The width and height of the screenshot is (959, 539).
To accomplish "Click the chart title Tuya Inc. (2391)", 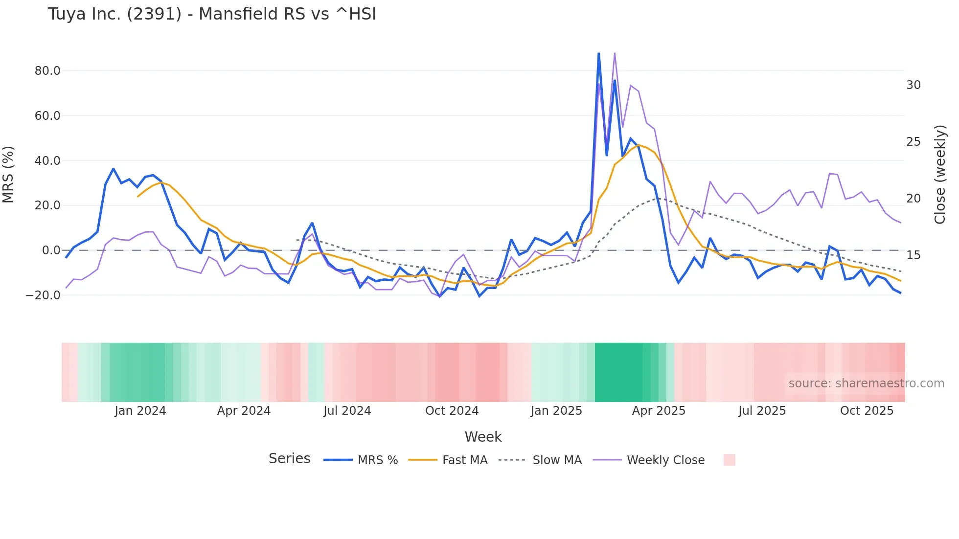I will [x=212, y=14].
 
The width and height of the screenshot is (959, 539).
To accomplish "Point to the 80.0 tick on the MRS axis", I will [x=47, y=71].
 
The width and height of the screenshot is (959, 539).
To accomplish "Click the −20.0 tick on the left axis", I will [x=44, y=295].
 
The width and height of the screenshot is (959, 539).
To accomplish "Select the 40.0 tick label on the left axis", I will [x=47, y=161].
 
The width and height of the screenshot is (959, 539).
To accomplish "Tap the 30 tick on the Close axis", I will [x=913, y=85].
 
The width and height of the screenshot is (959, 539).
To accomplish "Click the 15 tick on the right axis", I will [x=913, y=255].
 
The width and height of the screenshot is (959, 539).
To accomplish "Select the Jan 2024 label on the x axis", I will [x=140, y=411].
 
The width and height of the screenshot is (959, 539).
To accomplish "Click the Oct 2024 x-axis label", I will [x=452, y=411].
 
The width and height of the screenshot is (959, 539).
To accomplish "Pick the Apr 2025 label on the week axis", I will [x=659, y=411].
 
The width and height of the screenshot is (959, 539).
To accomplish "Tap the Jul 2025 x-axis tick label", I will [x=762, y=411].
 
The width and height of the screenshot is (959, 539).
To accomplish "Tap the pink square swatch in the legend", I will [x=729, y=460].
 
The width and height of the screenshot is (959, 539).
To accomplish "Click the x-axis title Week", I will [x=483, y=437].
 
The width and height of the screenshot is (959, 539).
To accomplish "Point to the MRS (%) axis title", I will [x=8, y=175].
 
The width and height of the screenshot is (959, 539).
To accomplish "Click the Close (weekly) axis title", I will [x=939, y=175].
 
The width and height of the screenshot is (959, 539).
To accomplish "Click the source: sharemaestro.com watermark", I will [x=866, y=383].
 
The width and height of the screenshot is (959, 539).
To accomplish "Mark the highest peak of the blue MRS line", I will [x=598, y=53].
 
